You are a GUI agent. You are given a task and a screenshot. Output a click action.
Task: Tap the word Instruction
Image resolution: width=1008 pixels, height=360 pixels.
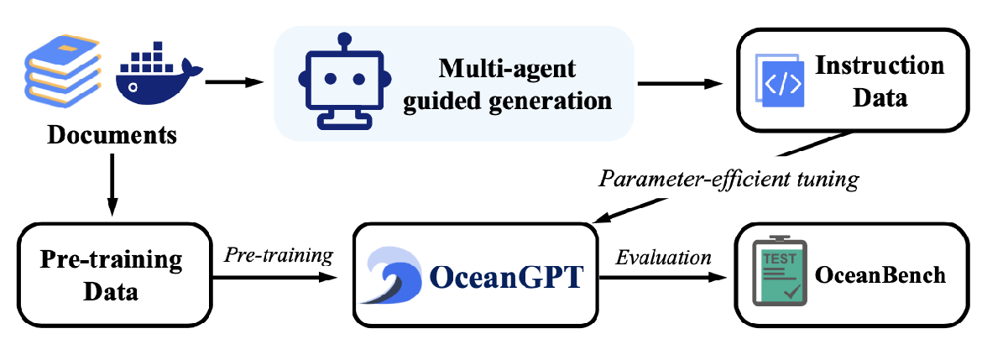880,65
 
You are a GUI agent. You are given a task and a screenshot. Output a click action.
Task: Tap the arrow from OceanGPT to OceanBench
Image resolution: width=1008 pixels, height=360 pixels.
663,276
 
